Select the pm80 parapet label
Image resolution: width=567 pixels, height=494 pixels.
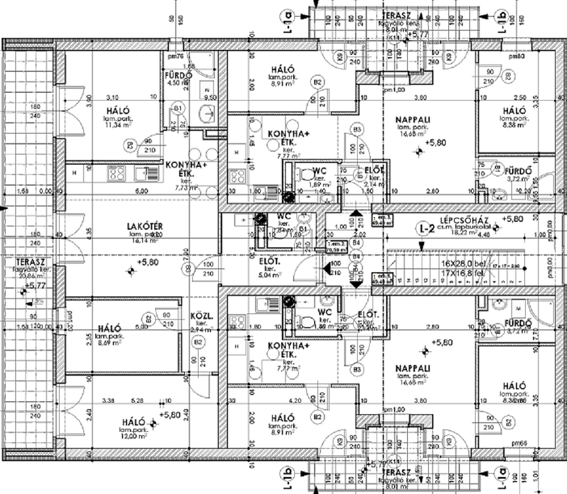point(517,56)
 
